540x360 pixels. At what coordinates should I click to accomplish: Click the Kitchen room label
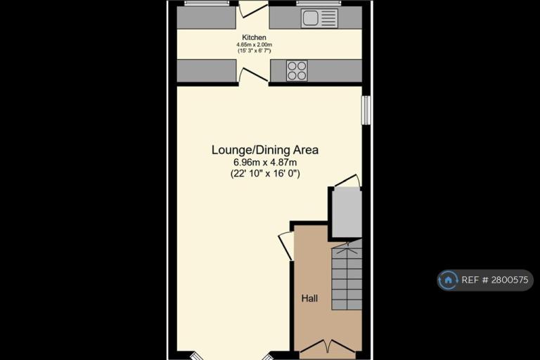254,37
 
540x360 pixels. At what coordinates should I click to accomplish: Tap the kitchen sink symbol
319,18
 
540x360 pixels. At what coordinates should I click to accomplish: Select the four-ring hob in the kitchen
297,70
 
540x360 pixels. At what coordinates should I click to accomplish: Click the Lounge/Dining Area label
265,150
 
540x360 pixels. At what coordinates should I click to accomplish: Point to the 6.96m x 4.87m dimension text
265,162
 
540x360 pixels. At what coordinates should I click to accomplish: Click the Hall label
309,298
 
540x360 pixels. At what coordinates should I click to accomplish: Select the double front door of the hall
327,346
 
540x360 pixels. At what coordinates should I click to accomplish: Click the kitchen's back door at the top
253,9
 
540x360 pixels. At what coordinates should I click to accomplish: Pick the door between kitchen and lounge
253,75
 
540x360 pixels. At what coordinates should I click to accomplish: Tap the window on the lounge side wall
366,110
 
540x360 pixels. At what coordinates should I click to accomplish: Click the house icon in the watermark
448,280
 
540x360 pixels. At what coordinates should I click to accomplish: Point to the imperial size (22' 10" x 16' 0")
265,173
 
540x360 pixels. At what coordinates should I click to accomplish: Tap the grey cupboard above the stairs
347,213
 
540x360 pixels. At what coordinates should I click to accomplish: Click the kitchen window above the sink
319,4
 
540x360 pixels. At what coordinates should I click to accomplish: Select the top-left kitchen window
207,4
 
